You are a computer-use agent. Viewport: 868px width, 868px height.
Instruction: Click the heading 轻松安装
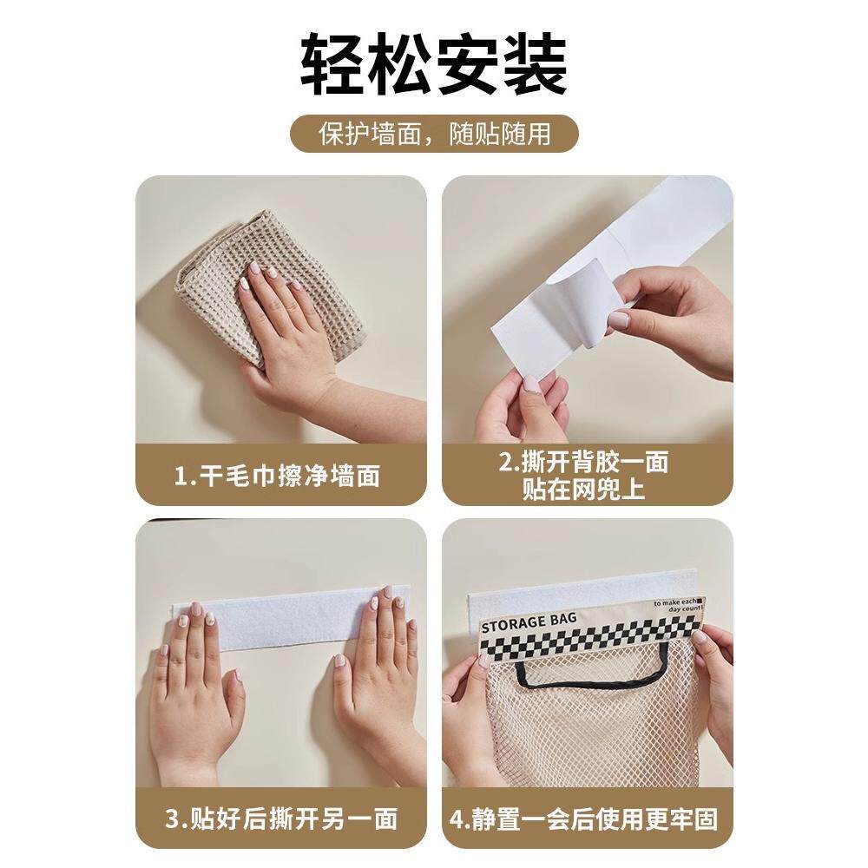(434, 65)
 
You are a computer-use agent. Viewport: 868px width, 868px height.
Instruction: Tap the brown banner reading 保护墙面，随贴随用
(435, 134)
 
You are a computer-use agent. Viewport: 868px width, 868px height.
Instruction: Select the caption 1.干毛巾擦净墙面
(278, 476)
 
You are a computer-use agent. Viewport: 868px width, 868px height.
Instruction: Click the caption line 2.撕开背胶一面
(584, 462)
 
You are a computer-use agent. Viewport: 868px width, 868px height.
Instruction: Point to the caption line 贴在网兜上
(584, 489)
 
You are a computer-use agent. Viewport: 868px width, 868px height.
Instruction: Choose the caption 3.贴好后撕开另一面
(281, 819)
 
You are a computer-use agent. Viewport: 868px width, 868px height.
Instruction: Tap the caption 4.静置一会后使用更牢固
(584, 819)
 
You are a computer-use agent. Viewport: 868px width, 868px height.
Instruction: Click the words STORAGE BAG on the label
(529, 621)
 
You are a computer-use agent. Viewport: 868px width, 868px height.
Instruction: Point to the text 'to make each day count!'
(678, 605)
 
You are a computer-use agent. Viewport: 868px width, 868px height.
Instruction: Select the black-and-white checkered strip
(589, 635)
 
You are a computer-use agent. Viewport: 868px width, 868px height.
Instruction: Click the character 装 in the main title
(535, 65)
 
